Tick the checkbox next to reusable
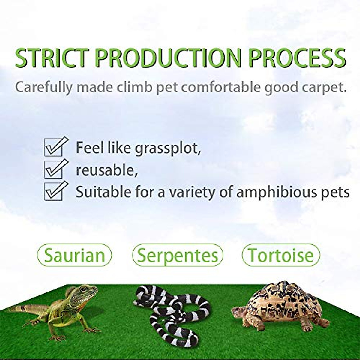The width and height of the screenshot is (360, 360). (x=53, y=169)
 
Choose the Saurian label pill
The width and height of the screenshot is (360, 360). (x=74, y=255)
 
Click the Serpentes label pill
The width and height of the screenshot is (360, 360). (x=178, y=255)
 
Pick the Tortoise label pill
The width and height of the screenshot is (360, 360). (x=281, y=255)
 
